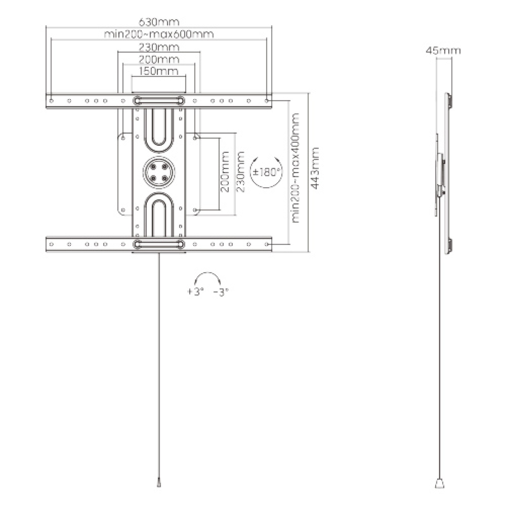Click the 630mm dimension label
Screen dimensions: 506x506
pyautogui.click(x=159, y=22)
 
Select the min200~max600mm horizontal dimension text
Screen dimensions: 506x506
pyautogui.click(x=159, y=34)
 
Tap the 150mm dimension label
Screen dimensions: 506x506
pyautogui.click(x=159, y=71)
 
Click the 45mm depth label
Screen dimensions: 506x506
pyautogui.click(x=443, y=51)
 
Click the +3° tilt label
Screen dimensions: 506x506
pyautogui.click(x=195, y=292)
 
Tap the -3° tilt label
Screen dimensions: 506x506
pyautogui.click(x=221, y=292)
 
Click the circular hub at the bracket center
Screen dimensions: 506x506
pyautogui.click(x=159, y=172)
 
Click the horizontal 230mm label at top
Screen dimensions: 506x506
pyautogui.click(x=159, y=46)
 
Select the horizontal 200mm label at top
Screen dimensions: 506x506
pyautogui.click(x=159, y=59)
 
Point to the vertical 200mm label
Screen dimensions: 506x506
pyautogui.click(x=226, y=172)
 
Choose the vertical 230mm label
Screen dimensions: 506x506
pyautogui.click(x=240, y=172)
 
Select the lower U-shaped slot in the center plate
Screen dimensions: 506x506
pyautogui.click(x=159, y=217)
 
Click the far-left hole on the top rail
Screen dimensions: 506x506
pyautogui.click(x=51, y=101)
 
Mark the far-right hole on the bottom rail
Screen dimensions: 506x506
pyautogui.click(x=266, y=244)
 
